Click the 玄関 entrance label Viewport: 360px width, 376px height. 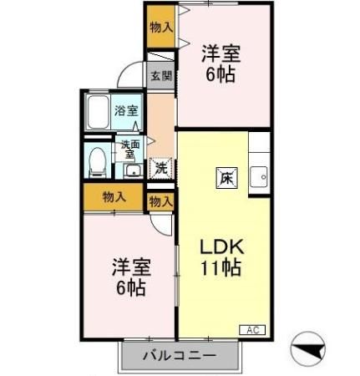click(x=161, y=75)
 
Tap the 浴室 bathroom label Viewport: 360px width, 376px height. click(x=126, y=109)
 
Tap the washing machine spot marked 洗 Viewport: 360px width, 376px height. click(x=160, y=167)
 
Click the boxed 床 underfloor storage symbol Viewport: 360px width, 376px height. click(x=226, y=176)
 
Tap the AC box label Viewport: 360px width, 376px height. click(x=252, y=329)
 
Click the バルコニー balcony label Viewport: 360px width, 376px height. click(x=178, y=354)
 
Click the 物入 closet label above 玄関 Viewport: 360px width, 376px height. click(x=161, y=27)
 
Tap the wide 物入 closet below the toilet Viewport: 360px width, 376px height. click(x=114, y=197)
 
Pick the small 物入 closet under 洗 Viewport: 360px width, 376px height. click(x=161, y=201)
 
